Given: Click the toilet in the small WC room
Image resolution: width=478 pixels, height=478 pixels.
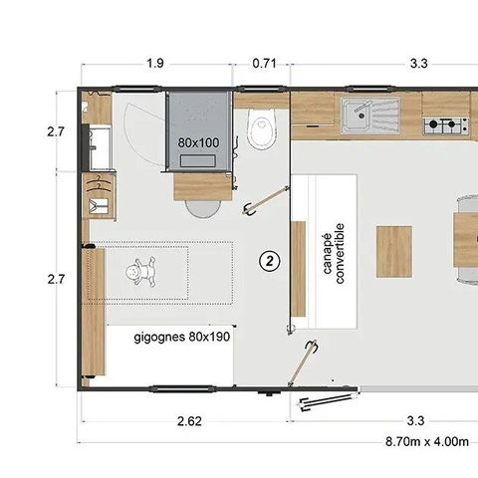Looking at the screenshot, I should pos(262,129).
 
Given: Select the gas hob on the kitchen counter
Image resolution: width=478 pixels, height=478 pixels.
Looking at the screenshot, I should pos(445,125).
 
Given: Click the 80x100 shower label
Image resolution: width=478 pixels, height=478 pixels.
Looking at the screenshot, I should pos(200,142).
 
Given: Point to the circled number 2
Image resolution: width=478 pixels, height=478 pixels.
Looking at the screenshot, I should pos(267,261).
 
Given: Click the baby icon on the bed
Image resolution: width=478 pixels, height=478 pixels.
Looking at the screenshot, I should pos(143,270).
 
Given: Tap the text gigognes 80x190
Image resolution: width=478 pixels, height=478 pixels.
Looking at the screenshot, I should pos(184,337).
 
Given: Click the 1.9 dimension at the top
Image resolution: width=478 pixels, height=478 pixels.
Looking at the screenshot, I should pos(154,64).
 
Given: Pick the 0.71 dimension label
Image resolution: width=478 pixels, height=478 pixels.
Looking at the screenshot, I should pos(265,64).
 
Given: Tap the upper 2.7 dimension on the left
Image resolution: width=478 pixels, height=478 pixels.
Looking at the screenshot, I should pos(56,130).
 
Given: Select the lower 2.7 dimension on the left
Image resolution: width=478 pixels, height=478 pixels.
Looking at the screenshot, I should pos(56,280).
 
